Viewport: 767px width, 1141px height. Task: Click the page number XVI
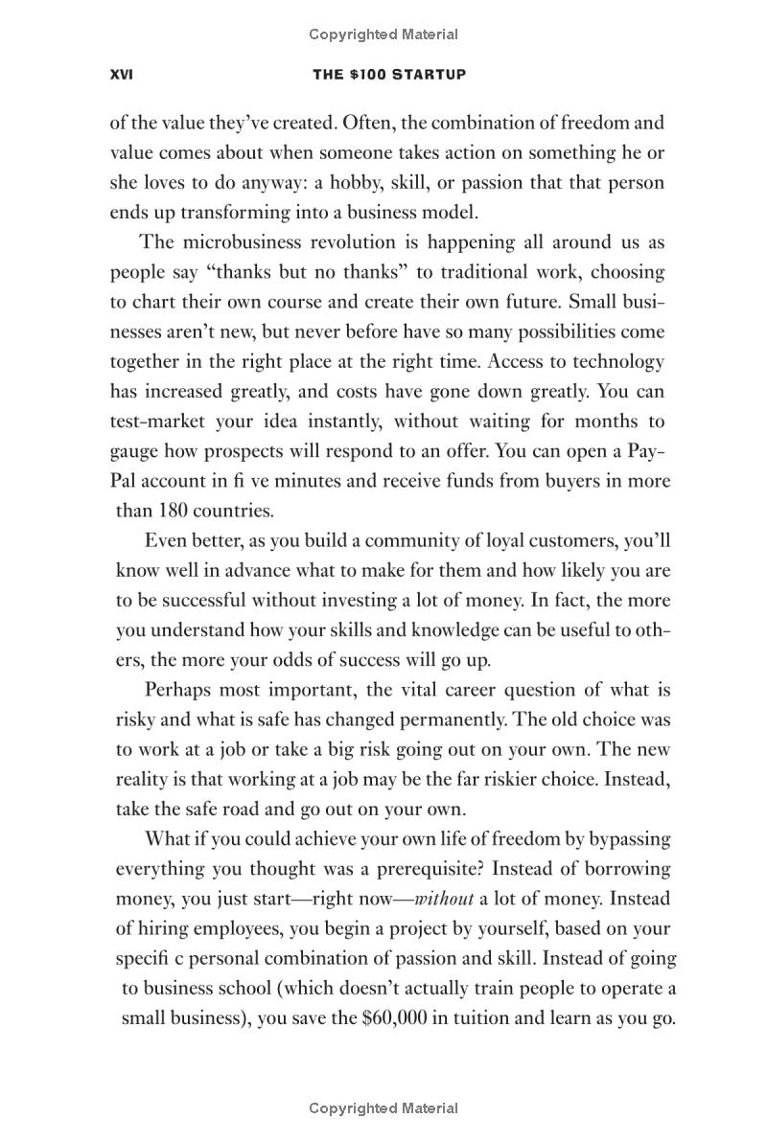[x=122, y=74]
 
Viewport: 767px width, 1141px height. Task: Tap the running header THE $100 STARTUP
[x=389, y=74]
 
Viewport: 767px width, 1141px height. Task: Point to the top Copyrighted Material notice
[x=383, y=34]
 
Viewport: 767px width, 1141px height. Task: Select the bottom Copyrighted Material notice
[x=383, y=1108]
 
